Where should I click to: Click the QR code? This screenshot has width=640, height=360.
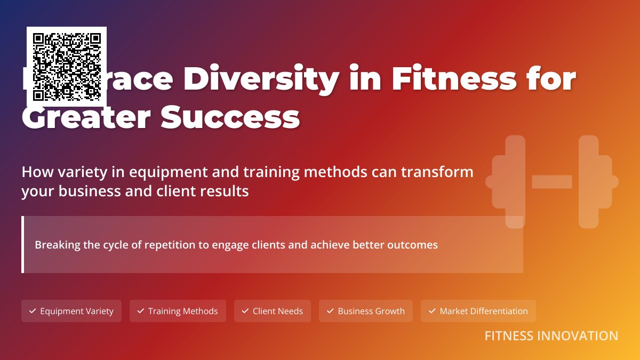67,67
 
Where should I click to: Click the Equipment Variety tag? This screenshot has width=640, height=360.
71,311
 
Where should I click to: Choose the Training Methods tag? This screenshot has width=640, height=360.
178,311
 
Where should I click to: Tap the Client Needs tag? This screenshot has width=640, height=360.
272,311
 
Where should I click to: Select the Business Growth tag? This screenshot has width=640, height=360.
366,311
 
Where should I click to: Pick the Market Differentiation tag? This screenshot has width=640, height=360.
478,311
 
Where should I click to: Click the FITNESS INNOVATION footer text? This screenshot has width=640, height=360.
551,336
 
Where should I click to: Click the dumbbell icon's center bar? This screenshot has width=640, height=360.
552,182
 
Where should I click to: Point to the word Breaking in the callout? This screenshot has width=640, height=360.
55,245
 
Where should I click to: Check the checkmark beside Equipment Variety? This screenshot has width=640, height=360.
33,311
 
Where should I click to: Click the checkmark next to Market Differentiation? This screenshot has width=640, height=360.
433,311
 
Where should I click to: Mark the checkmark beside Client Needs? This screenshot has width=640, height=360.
245,311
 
